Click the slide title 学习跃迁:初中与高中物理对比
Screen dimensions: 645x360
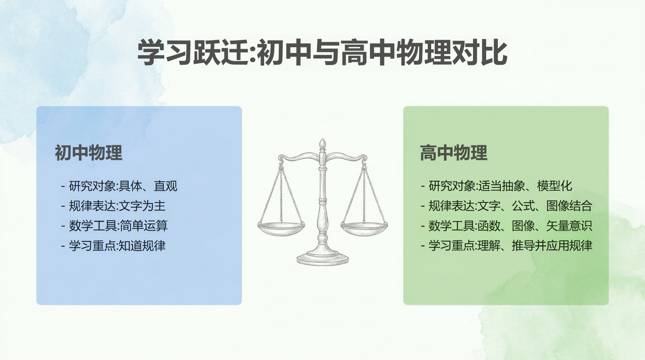[322, 53]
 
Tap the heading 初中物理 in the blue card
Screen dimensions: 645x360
[89, 153]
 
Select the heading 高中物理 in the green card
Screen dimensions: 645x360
[454, 153]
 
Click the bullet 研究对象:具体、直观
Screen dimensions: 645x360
[119, 186]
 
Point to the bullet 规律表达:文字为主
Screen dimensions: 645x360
[113, 206]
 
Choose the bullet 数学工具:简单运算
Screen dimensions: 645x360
[114, 226]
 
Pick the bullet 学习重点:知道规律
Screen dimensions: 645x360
[113, 246]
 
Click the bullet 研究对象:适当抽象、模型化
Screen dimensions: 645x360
[497, 186]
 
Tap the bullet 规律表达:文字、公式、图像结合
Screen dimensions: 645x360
[506, 206]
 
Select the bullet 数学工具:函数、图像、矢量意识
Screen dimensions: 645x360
[506, 226]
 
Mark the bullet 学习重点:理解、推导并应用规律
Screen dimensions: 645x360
[506, 246]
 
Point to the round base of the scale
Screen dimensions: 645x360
[322, 258]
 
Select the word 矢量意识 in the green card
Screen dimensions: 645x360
[569, 226]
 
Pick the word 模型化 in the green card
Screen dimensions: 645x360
[555, 186]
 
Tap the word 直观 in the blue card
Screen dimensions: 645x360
[166, 186]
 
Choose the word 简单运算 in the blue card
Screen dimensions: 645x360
[144, 226]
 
